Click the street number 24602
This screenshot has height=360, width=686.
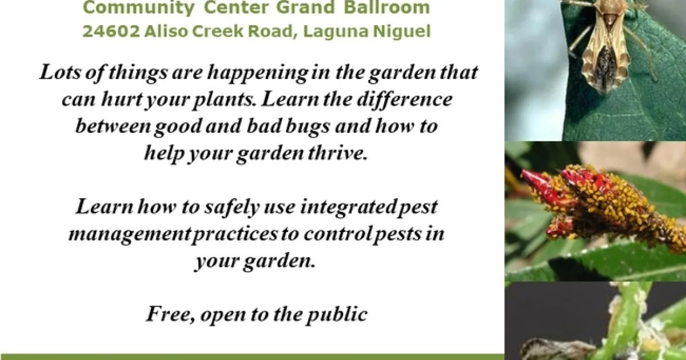tap(111, 31)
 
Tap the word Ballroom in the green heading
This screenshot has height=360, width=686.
tap(387, 7)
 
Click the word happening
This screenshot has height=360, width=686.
tap(258, 74)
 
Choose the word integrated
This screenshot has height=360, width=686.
tap(348, 207)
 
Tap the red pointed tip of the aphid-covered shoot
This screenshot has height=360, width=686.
tap(524, 173)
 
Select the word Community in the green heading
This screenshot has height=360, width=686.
tap(138, 7)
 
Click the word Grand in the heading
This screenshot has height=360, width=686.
tap(305, 7)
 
